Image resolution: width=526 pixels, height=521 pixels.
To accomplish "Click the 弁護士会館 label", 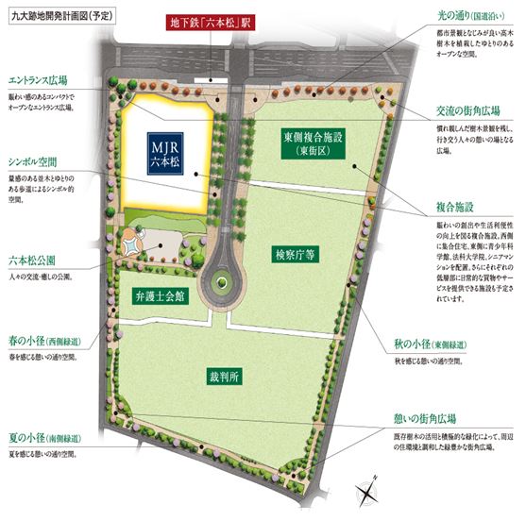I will click(x=158, y=294).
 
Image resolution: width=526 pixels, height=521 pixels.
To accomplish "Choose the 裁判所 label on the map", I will click(x=226, y=377).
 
